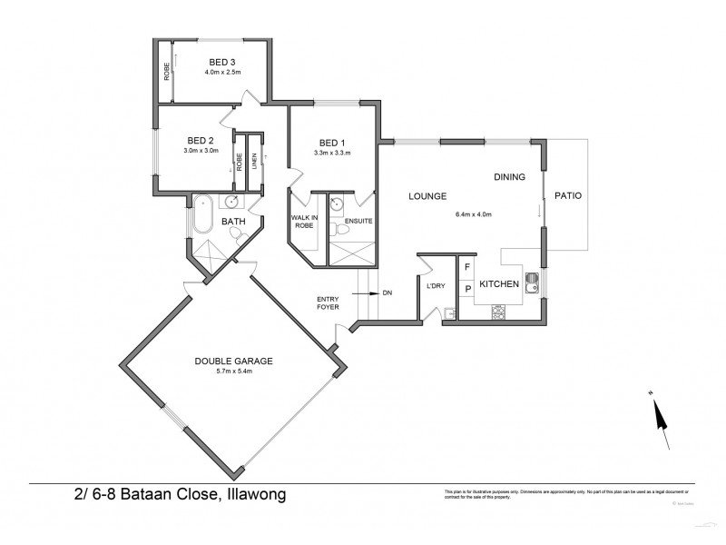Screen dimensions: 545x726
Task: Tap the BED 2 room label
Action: tap(200, 140)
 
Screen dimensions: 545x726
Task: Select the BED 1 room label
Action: tap(332, 143)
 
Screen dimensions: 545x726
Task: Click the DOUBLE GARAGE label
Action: tap(234, 361)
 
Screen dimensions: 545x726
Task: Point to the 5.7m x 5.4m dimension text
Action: tap(234, 372)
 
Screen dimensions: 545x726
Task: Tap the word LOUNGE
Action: tap(427, 195)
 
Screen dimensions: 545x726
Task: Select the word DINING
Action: tap(509, 177)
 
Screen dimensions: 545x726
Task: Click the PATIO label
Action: tap(566, 195)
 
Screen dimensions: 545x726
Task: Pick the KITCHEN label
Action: tap(499, 284)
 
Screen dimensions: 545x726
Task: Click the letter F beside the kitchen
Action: tap(467, 268)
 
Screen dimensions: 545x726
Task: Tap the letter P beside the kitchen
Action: tap(467, 290)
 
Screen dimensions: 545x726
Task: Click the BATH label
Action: tap(233, 221)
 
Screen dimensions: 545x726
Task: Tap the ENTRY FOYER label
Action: tap(328, 303)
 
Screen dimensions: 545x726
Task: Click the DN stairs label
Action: tap(388, 292)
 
